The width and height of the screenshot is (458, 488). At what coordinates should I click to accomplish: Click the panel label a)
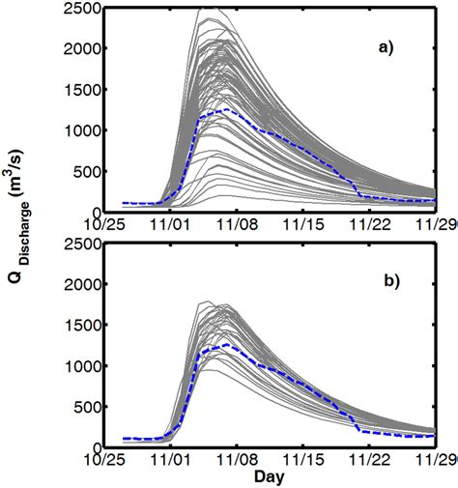397,44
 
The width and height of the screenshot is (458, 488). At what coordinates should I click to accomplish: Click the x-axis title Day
270,477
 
